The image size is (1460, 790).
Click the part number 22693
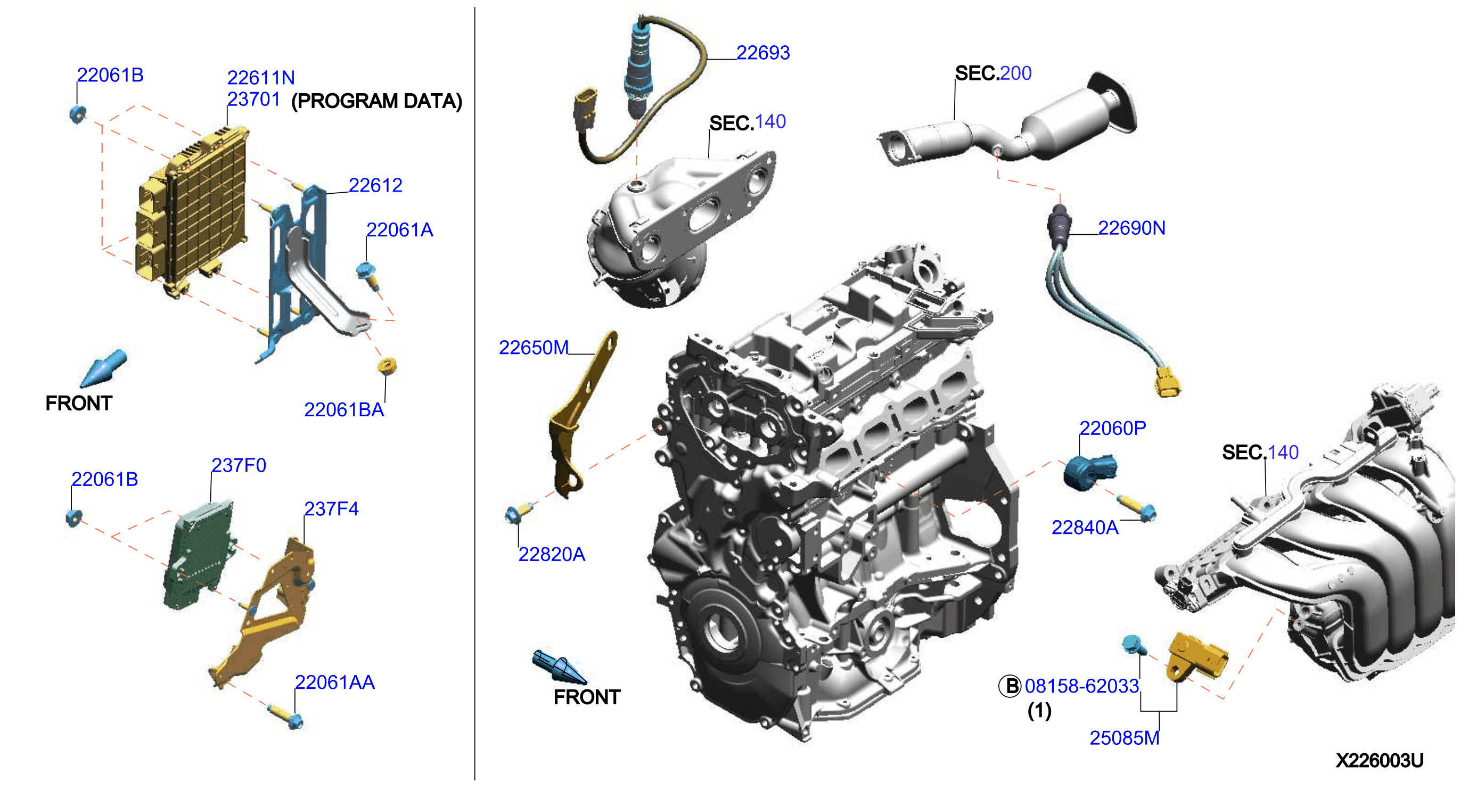(762, 53)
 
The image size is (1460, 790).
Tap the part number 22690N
(1131, 228)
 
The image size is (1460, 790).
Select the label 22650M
(534, 348)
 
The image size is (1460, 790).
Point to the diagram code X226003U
(1379, 760)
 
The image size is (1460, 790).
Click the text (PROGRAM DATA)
(376, 101)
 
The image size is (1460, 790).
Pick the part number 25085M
(1124, 738)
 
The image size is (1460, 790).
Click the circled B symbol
(1010, 686)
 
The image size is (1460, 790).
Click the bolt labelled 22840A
(1136, 508)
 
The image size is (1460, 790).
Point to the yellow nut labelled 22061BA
(387, 366)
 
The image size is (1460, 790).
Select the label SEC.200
(993, 73)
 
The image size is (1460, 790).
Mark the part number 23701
(253, 99)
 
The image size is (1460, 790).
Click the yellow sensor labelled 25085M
(1197, 657)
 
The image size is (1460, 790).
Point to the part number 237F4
(331, 509)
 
